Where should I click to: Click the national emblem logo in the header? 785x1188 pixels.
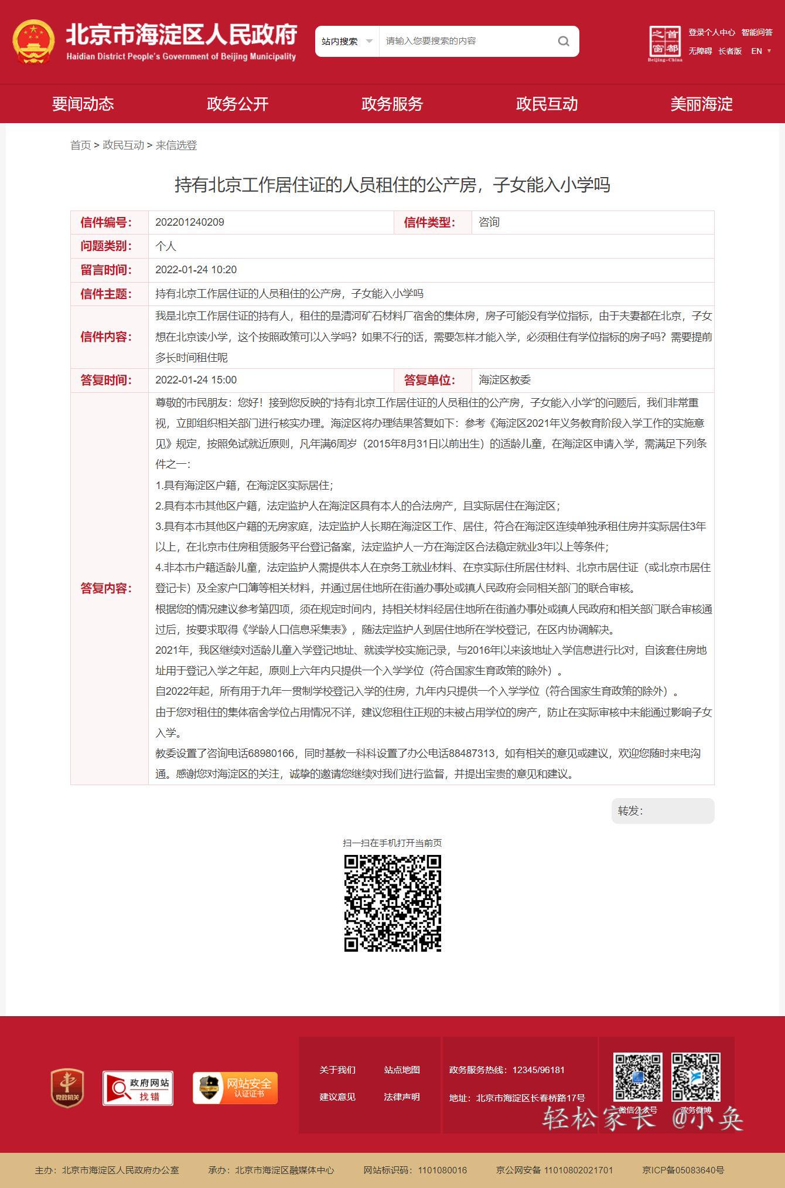[x=33, y=42]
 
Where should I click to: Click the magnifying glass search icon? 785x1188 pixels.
[x=563, y=41]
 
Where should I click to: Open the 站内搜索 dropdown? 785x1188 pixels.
[x=347, y=41]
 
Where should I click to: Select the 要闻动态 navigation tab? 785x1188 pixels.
[x=83, y=104]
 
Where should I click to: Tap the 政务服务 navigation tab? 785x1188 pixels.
[x=392, y=104]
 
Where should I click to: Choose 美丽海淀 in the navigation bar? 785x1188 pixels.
[x=701, y=104]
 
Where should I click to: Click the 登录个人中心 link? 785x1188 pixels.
[x=711, y=33]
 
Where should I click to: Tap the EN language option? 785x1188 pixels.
[x=757, y=51]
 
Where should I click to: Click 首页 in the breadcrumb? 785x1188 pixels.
[x=80, y=145]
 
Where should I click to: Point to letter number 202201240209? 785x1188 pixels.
[x=190, y=222]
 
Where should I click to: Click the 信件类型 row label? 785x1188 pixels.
[x=429, y=222]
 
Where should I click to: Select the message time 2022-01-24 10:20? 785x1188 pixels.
[x=196, y=270]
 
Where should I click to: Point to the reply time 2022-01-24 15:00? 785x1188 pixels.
[x=196, y=380]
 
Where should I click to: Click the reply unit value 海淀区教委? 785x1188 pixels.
[x=504, y=380]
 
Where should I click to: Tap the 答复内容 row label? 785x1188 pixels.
[x=106, y=588]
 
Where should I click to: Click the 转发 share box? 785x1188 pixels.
[x=663, y=811]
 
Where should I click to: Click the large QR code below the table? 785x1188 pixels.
[x=392, y=903]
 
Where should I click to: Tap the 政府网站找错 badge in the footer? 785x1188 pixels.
[x=138, y=1088]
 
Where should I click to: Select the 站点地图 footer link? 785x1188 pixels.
[x=402, y=1070]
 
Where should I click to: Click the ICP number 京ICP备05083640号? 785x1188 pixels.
[x=683, y=1170]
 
